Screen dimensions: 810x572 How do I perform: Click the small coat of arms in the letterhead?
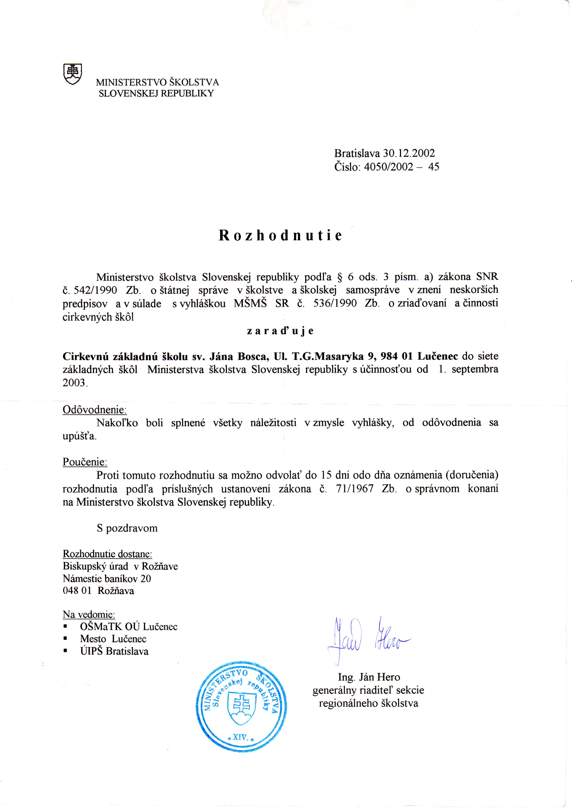(72, 74)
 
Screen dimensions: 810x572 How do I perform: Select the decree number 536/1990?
(335, 303)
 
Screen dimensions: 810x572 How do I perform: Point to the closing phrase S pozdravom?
(127, 528)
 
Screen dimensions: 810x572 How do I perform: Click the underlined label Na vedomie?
(89, 614)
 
